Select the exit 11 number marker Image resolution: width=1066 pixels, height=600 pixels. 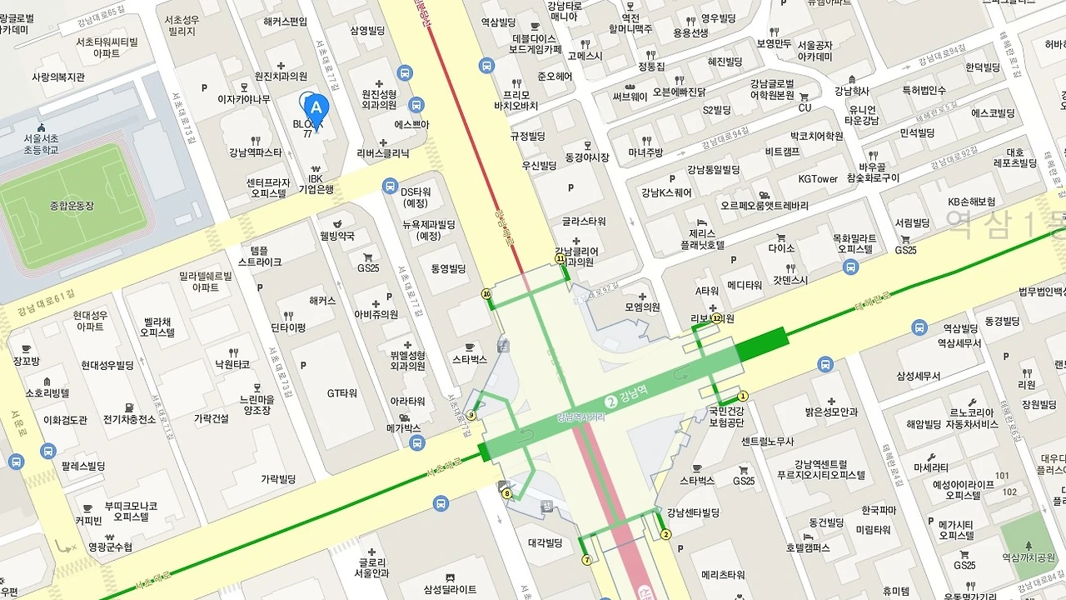click(x=560, y=259)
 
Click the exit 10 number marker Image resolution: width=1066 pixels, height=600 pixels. click(x=486, y=294)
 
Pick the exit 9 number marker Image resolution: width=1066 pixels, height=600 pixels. click(x=471, y=415)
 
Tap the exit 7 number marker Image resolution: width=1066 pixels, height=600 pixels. click(x=586, y=560)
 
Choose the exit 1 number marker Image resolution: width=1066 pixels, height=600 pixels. click(x=743, y=397)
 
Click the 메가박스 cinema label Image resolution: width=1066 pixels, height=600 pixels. click(x=404, y=428)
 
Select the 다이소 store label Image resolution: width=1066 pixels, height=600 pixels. click(x=781, y=247)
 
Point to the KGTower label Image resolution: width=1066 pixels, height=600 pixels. click(x=818, y=178)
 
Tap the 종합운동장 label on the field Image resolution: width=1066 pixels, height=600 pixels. click(x=72, y=205)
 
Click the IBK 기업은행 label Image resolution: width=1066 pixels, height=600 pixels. click(x=316, y=184)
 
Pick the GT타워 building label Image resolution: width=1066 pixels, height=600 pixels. click(x=341, y=393)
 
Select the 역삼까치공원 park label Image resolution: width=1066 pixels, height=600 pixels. click(x=1030, y=581)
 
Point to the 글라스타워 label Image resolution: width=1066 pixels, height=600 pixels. click(x=583, y=222)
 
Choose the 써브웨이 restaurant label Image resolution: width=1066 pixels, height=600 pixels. click(x=630, y=96)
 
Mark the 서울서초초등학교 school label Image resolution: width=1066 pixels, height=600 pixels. click(x=40, y=143)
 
